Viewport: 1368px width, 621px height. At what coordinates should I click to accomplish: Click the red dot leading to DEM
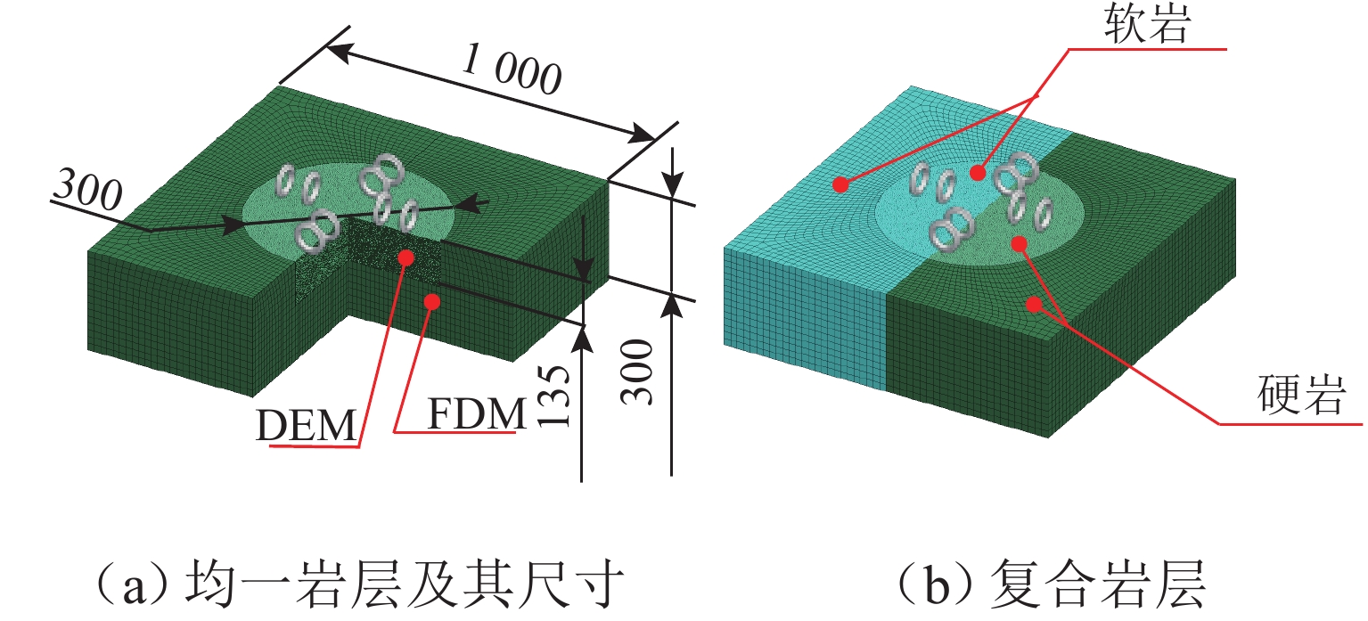(406, 257)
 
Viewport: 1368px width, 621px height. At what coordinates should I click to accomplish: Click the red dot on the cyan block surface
(839, 184)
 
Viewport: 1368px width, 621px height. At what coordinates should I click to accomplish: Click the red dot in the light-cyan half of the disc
(979, 172)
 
